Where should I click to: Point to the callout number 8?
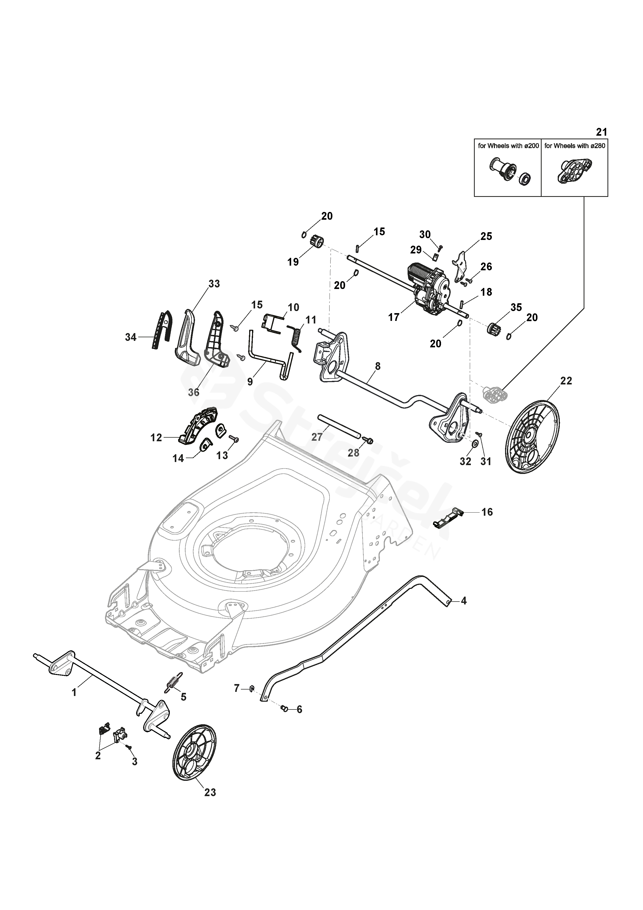(378, 366)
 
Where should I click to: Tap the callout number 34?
(131, 337)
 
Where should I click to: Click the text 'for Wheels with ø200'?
(508, 146)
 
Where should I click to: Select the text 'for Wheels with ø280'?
(575, 146)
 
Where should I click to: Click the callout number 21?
(602, 132)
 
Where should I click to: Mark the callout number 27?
(317, 437)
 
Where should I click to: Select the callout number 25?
(486, 236)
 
